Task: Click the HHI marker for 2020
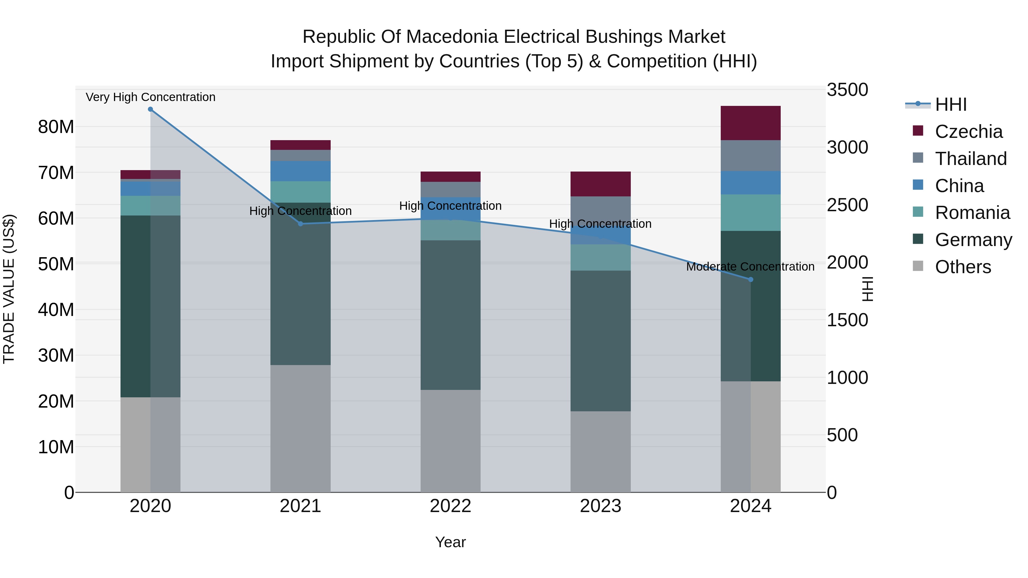[150, 109]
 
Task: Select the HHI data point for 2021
[300, 224]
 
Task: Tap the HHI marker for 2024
[751, 280]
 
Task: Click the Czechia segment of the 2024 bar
[751, 123]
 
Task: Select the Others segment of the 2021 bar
[300, 428]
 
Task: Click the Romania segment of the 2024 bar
[751, 213]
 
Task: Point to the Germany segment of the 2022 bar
[451, 315]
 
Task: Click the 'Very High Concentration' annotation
[150, 97]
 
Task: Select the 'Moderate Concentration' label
[750, 267]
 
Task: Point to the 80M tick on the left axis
[56, 127]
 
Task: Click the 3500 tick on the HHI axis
[847, 90]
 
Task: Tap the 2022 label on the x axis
[451, 506]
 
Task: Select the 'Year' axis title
[451, 542]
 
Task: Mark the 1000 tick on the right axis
[847, 377]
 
